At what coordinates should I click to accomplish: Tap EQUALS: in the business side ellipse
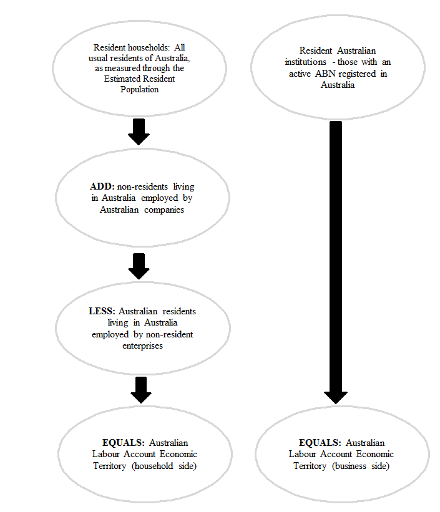click(x=321, y=443)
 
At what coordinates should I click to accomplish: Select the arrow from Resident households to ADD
click(x=139, y=132)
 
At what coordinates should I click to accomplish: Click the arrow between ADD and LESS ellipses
click(x=139, y=265)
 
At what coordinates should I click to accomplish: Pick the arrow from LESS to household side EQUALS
click(x=142, y=390)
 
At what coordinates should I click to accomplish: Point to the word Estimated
click(x=121, y=79)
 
